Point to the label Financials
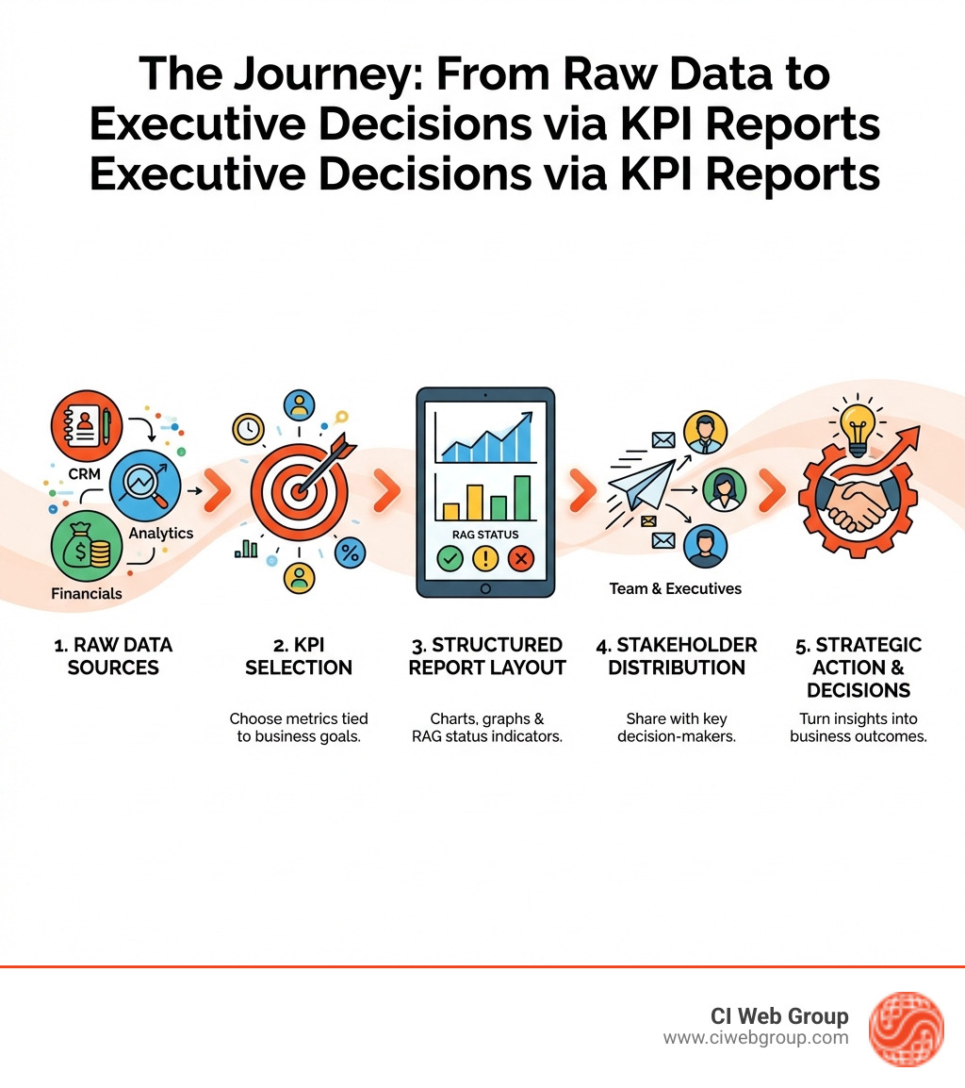point(87,593)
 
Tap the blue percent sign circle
point(350,552)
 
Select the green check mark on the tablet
point(450,558)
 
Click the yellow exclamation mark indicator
point(485,558)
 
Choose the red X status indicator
point(520,558)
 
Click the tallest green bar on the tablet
point(521,497)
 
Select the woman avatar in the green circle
point(724,489)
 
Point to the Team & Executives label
point(675,588)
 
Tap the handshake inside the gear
point(852,506)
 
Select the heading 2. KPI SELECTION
point(298,656)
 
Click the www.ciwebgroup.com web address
point(755,1038)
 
